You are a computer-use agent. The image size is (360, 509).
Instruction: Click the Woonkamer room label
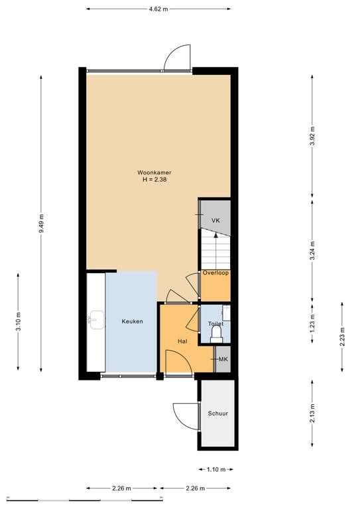pyautogui.click(x=154, y=173)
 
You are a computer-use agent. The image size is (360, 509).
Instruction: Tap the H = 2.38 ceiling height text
pyautogui.click(x=154, y=179)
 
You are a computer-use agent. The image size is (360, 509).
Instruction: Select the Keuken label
pyautogui.click(x=132, y=321)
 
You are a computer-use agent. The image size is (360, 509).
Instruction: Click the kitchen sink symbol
pyautogui.click(x=96, y=319)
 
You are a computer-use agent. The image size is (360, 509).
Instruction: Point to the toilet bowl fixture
pyautogui.click(x=216, y=334)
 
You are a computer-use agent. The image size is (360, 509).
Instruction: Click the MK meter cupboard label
pyautogui.click(x=223, y=359)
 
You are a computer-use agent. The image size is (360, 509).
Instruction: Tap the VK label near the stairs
pyautogui.click(x=215, y=221)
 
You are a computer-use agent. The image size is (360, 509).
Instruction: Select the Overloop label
pyautogui.click(x=215, y=273)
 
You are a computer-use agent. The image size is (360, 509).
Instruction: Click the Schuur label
pyautogui.click(x=218, y=414)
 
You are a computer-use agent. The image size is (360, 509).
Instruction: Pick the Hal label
pyautogui.click(x=182, y=341)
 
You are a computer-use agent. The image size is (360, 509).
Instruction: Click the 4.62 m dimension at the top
pyautogui.click(x=158, y=9)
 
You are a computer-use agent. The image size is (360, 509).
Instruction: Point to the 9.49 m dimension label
pyautogui.click(x=41, y=223)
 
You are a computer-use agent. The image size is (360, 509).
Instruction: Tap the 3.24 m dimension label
pyautogui.click(x=312, y=251)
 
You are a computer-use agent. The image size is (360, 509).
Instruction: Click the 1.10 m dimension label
pyautogui.click(x=216, y=469)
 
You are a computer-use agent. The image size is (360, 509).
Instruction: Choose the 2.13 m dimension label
pyautogui.click(x=312, y=414)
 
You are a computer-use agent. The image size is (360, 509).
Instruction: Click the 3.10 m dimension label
pyautogui.click(x=18, y=321)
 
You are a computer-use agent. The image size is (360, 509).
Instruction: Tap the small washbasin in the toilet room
pyautogui.click(x=226, y=311)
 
